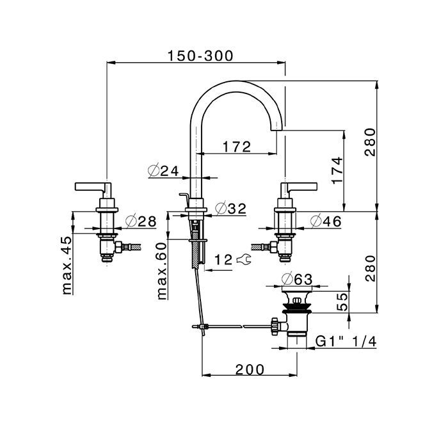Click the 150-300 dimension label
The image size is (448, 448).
[200, 56]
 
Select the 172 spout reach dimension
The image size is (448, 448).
[237, 147]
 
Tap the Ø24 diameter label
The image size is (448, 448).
[163, 171]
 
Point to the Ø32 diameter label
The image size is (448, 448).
[230, 208]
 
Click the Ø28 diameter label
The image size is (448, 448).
[141, 221]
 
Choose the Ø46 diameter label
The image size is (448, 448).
[326, 221]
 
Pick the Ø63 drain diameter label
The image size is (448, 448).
[297, 280]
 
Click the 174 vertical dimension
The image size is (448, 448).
[337, 170]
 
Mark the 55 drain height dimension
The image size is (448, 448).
[342, 302]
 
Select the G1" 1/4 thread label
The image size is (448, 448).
[346, 341]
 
